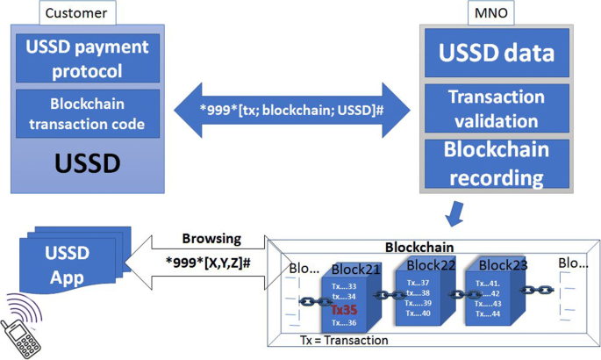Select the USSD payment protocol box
click(x=87, y=57)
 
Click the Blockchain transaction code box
click(x=87, y=113)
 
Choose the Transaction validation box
click(x=497, y=107)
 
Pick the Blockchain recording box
click(x=497, y=163)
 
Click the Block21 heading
click(x=356, y=269)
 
